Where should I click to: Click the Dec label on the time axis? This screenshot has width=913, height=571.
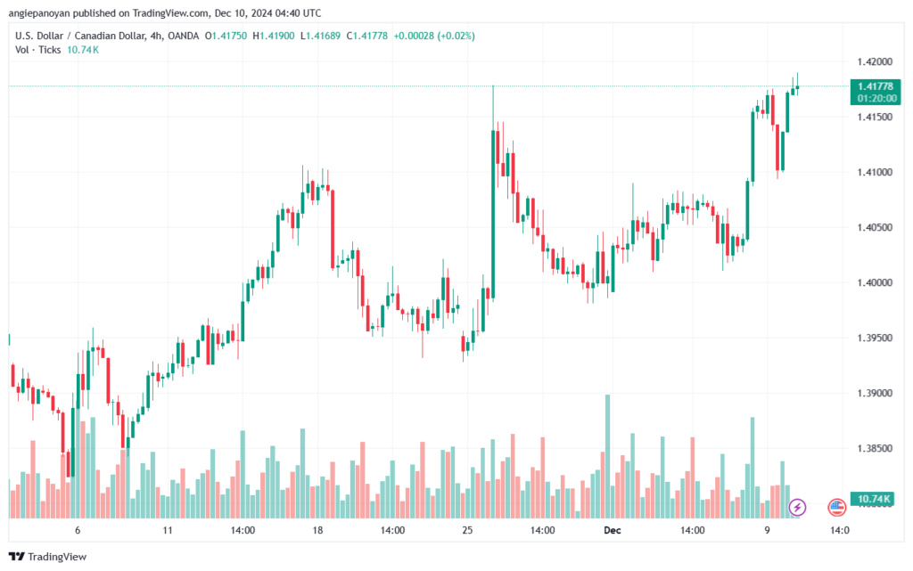click(x=613, y=529)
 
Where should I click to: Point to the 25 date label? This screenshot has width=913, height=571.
click(x=467, y=529)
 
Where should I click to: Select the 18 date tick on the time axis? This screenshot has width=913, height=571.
click(x=317, y=529)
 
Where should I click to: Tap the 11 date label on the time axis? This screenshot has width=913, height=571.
click(x=168, y=529)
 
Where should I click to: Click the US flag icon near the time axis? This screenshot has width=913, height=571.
click(x=837, y=507)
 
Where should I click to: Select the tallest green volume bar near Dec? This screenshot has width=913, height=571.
click(x=608, y=454)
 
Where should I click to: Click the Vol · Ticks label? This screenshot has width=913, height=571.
click(x=38, y=50)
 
